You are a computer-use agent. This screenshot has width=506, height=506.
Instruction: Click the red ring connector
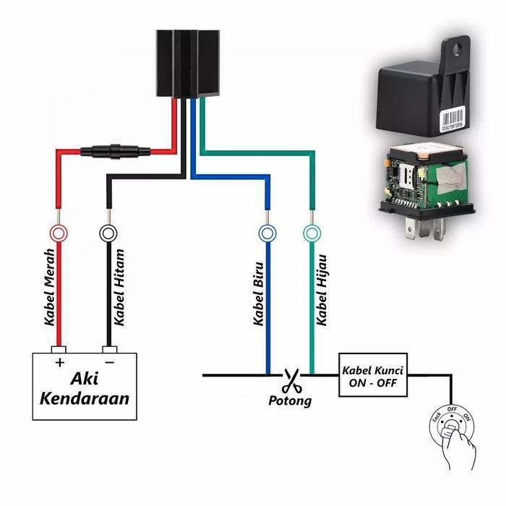point(59,233)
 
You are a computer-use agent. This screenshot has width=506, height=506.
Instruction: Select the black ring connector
point(108,233)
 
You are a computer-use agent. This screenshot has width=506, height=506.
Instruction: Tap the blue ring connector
point(267,233)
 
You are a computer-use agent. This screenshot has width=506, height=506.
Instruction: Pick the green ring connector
point(311,233)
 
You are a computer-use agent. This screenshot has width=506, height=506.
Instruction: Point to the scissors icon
point(291,379)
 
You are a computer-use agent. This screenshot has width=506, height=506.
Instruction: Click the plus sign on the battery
point(59,362)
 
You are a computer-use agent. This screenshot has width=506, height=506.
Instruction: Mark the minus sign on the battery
point(109,362)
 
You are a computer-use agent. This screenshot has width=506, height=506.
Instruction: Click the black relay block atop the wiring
point(189,64)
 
